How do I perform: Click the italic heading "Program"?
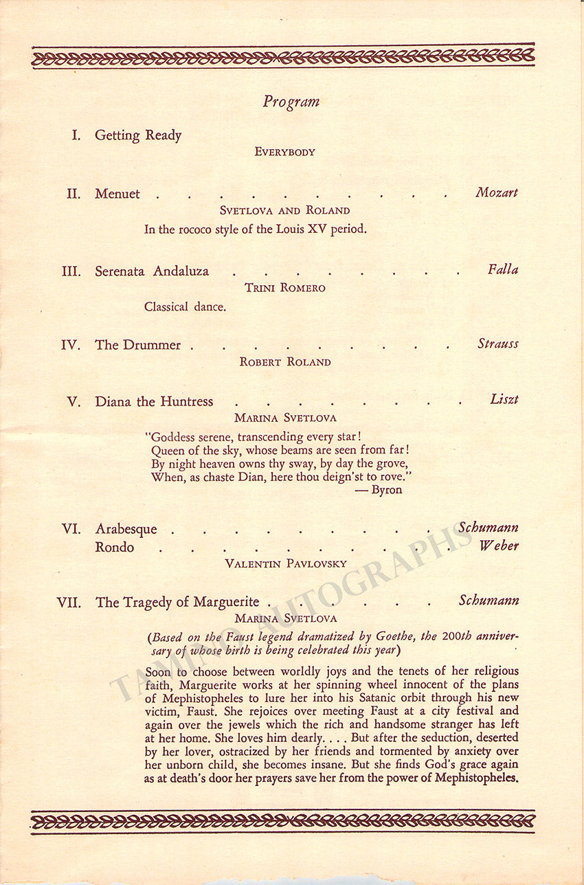(x=291, y=102)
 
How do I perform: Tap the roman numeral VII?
(x=69, y=603)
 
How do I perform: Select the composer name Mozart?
(x=497, y=192)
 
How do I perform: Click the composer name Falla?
(x=503, y=269)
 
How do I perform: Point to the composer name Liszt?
(x=504, y=399)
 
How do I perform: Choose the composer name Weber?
(x=499, y=546)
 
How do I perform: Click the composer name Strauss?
(x=498, y=344)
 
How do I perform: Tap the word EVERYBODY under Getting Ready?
(x=284, y=152)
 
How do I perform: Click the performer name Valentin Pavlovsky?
(x=286, y=563)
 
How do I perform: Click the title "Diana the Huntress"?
(x=154, y=402)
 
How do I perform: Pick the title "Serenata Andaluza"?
(x=152, y=271)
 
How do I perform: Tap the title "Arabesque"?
(x=126, y=528)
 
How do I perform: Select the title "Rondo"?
(x=115, y=547)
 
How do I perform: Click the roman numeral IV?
(x=71, y=345)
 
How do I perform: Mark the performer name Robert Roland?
(x=284, y=361)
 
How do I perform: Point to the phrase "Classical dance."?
(x=185, y=306)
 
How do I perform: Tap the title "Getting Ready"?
(x=138, y=135)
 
